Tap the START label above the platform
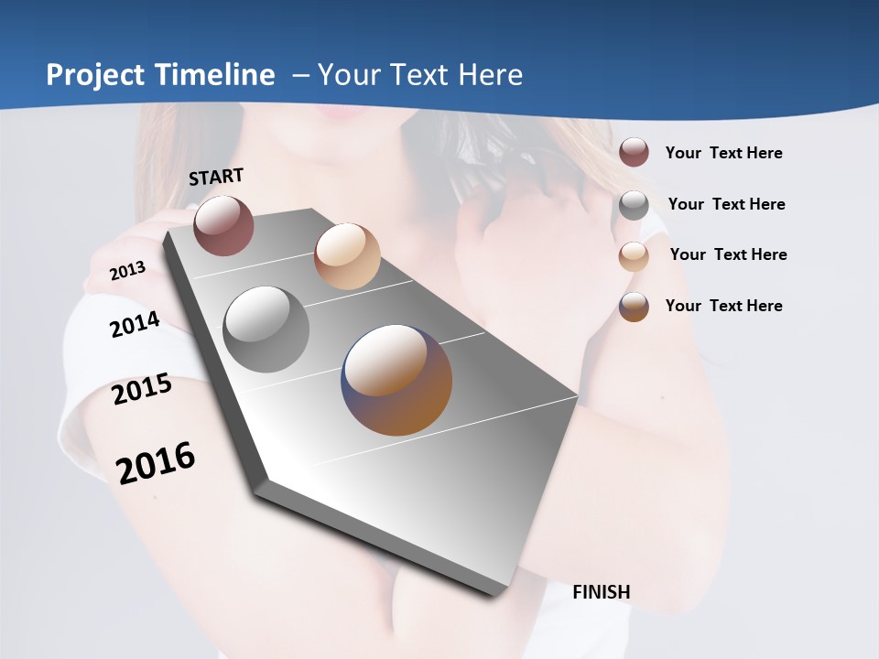216,177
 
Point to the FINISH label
602,592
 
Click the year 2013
127,271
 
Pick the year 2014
135,324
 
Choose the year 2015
142,389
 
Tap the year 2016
156,462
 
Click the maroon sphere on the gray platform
223,225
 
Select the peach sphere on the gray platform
347,256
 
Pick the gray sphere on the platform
266,329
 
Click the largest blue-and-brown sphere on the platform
396,380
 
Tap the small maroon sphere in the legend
634,152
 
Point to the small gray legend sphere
634,205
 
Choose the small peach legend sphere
634,256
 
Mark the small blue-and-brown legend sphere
634,307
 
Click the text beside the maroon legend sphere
723,153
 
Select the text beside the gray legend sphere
726,204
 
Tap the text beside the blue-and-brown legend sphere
723,306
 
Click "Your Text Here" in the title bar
420,75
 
